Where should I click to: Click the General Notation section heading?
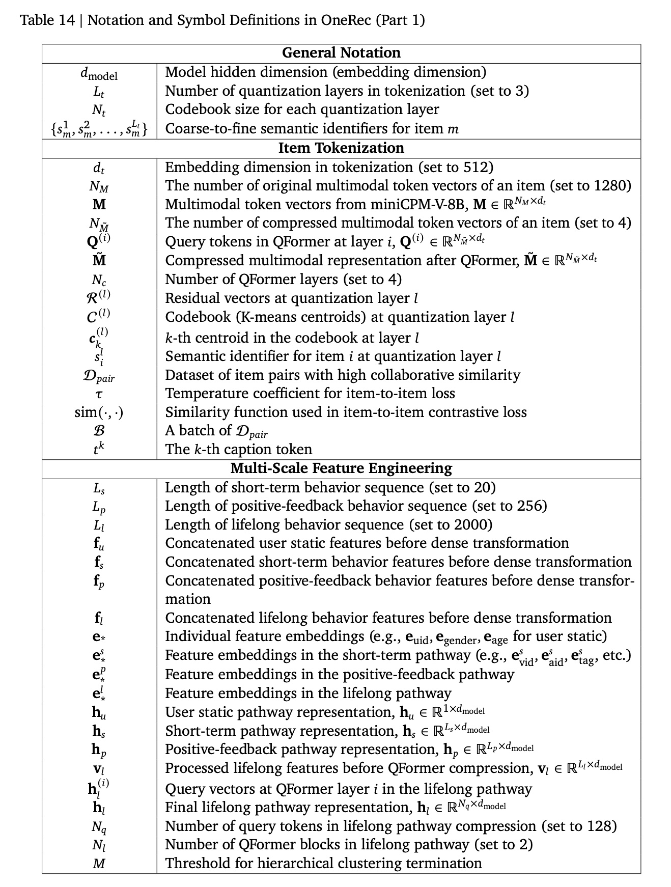click(341, 53)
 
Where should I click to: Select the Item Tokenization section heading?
click(341, 148)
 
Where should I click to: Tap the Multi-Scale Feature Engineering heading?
click(341, 468)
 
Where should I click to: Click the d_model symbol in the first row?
click(99, 74)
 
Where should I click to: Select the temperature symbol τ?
click(99, 394)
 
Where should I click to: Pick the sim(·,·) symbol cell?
click(99, 412)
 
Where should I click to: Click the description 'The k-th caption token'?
click(239, 450)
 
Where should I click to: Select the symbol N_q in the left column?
click(99, 827)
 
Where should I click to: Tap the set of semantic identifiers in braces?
click(99, 129)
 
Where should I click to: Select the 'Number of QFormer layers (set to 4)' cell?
click(284, 280)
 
